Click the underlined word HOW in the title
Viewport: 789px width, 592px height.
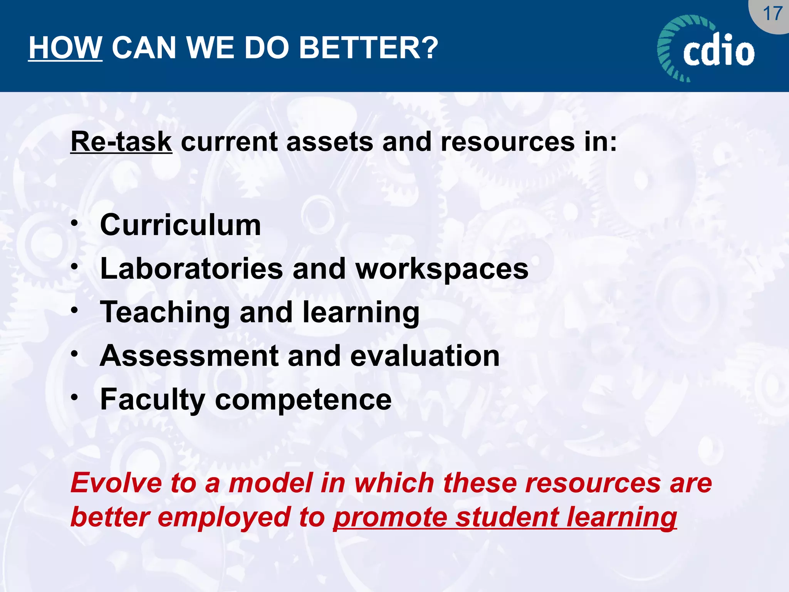pos(65,48)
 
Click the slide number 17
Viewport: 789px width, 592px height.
pos(772,14)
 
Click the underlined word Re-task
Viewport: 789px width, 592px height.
pos(121,142)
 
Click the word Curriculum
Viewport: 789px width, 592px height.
pos(180,225)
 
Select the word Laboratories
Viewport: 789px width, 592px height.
pos(191,269)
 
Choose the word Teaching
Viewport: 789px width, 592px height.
pos(165,313)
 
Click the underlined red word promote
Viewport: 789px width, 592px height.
pos(390,518)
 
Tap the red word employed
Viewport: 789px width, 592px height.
pos(224,518)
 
